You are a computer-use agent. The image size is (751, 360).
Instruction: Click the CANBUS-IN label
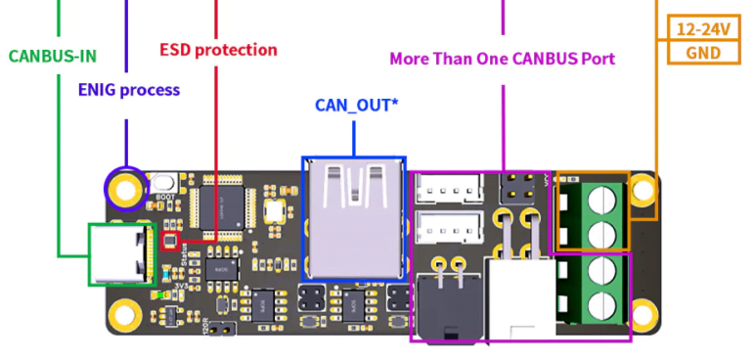coord(53,55)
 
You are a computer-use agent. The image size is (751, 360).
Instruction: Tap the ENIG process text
coord(129,90)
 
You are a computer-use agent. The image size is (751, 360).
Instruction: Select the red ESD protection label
coord(218,49)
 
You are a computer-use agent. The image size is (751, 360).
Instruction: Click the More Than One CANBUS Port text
coord(502,58)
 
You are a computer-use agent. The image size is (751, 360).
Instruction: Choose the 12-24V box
coord(704,29)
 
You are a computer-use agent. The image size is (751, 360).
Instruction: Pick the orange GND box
coord(704,52)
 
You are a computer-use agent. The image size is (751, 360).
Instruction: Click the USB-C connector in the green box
coord(121,254)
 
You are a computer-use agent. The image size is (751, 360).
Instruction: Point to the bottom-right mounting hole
coord(641,315)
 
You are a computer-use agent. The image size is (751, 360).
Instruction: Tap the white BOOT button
coord(165,183)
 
